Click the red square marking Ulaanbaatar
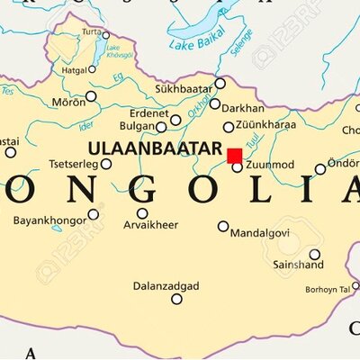click(x=235, y=155)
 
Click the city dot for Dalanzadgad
click(x=176, y=299)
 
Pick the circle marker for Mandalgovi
click(x=223, y=226)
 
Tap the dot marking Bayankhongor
click(x=93, y=214)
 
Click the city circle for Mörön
click(x=91, y=95)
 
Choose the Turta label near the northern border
click(x=90, y=32)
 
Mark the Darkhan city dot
click(x=215, y=104)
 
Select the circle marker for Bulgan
click(x=161, y=127)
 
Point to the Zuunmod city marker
click(x=237, y=166)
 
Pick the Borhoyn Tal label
click(x=329, y=289)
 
